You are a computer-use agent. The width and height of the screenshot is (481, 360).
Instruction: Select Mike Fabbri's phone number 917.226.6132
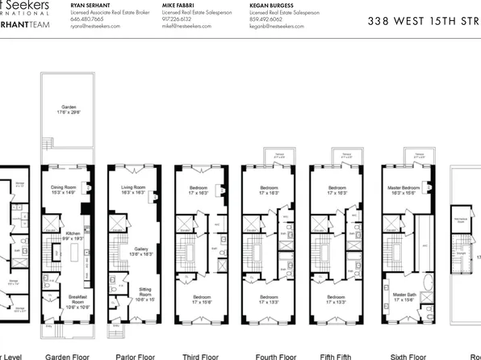pos(178,19)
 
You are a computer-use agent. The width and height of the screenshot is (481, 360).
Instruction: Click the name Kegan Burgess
pos(274,4)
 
